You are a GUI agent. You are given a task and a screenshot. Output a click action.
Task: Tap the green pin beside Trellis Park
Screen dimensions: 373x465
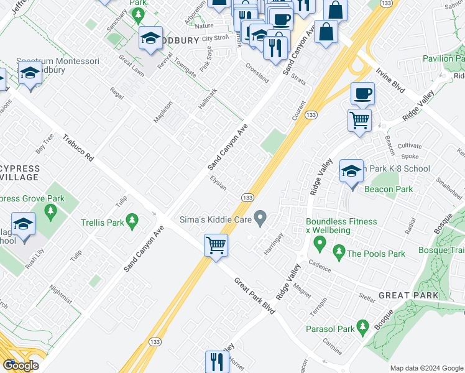[x=131, y=220]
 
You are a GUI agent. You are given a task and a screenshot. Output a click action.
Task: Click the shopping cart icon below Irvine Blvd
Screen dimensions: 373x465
[x=359, y=119]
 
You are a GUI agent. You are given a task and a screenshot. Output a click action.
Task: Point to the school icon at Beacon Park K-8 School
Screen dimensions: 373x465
[x=351, y=171]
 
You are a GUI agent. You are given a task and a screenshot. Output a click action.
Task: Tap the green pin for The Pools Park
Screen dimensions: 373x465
[x=338, y=252]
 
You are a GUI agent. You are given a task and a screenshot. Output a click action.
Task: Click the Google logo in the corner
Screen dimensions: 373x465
[x=21, y=365]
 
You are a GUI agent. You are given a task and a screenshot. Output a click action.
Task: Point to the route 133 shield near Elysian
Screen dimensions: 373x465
[x=247, y=197]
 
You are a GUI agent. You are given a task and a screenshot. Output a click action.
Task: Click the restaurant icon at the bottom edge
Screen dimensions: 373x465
[x=217, y=361]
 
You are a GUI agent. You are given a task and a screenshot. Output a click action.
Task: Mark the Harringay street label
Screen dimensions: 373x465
[x=274, y=242]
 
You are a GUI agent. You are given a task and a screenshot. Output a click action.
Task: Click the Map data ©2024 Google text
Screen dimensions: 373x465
[x=426, y=367]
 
